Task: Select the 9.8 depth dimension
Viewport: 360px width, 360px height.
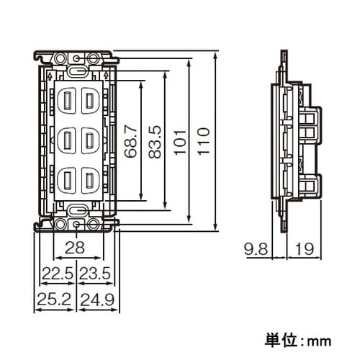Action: point(257,249)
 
